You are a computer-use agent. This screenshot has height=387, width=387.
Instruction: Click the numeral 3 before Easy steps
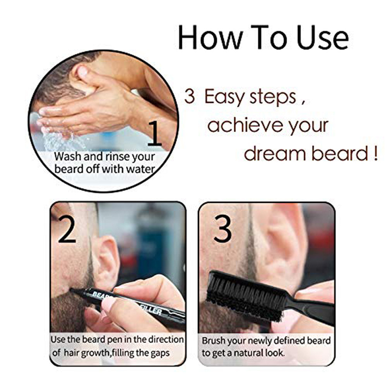coord(189,97)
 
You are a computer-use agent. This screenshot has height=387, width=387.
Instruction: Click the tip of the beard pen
coord(72,289)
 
